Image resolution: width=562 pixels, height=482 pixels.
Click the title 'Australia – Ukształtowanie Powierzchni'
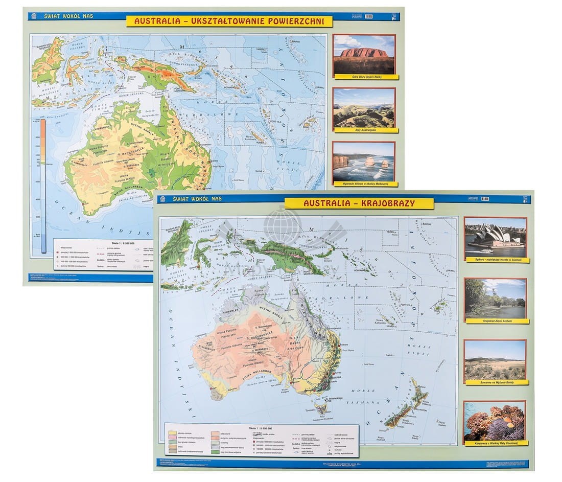tap(229, 21)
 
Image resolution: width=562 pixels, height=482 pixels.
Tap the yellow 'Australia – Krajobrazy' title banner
tap(359, 203)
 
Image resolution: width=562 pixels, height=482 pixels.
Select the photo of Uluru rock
tap(364, 54)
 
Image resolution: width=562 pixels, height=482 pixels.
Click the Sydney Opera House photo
tap(495, 237)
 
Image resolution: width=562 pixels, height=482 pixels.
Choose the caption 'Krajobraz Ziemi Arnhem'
tap(496, 321)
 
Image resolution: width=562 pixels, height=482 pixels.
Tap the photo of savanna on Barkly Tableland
tap(495, 359)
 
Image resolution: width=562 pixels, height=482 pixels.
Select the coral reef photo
tap(495, 421)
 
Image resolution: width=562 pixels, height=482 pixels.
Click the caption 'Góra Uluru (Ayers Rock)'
tap(364, 77)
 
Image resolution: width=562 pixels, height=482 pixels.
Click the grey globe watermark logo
tap(282, 225)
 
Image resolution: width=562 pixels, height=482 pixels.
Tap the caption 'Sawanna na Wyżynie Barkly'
tap(496, 382)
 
